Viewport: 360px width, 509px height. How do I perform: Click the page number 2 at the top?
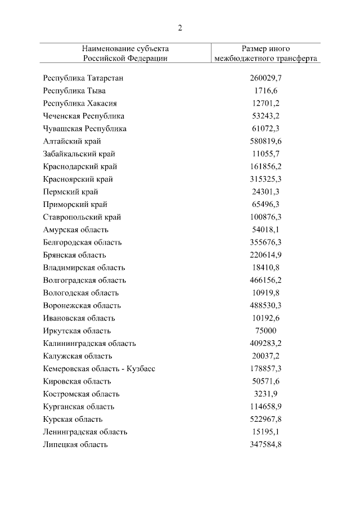(180, 28)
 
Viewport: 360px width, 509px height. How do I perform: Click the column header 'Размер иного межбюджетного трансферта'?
(265, 53)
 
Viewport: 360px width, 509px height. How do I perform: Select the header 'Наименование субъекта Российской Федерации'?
(125, 53)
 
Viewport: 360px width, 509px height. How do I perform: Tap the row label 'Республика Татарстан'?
(83, 78)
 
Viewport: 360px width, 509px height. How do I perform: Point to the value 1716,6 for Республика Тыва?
(265, 91)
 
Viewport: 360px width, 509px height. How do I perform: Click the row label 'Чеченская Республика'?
(84, 116)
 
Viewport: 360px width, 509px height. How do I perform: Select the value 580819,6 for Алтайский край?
(265, 141)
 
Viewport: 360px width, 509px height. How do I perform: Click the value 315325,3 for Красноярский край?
(265, 179)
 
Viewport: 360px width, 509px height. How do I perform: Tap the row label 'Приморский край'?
(75, 204)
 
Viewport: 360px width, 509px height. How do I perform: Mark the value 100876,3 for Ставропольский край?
(265, 217)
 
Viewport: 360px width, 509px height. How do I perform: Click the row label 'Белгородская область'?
(82, 242)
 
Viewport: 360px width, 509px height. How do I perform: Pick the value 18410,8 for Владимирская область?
(265, 268)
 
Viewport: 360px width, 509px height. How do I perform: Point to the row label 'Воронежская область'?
(82, 305)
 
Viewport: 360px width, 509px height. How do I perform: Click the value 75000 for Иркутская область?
(265, 331)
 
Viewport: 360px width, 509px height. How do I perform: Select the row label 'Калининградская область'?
(89, 343)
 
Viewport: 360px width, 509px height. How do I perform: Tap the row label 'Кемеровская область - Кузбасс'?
(99, 368)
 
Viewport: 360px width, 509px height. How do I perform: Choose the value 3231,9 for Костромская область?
(265, 394)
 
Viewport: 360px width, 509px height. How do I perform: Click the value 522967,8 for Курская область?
(265, 419)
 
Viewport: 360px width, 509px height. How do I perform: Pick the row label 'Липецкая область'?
(75, 444)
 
